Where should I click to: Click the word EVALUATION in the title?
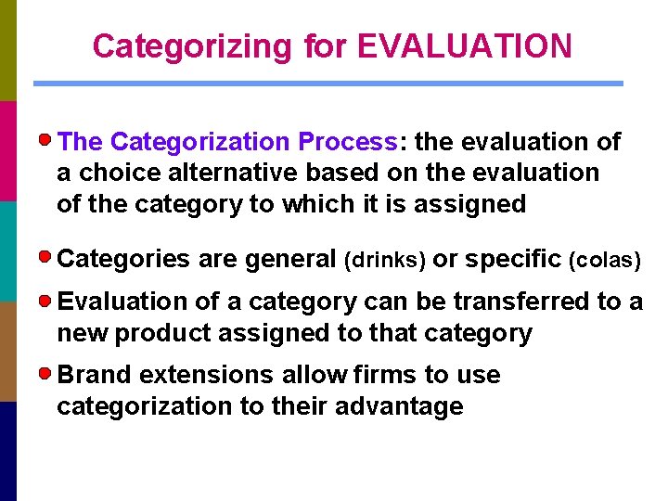(x=464, y=45)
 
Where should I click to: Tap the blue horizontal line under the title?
(x=328, y=83)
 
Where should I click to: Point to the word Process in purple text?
(x=348, y=142)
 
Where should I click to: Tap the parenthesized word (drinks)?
(x=385, y=261)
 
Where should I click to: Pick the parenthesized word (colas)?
(x=605, y=261)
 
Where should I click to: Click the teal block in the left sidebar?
(x=8, y=250)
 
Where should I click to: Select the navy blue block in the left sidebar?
(x=8, y=451)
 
